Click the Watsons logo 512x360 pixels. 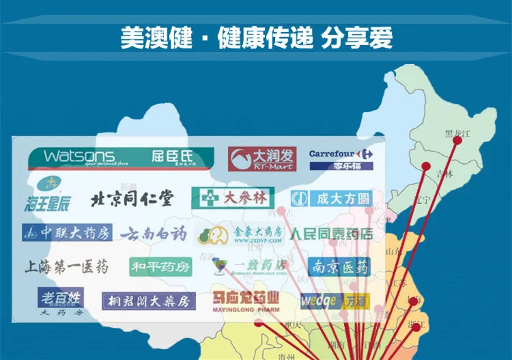coord(120,158)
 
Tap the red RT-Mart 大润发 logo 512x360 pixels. coord(262,159)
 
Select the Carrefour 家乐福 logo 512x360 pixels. coord(341,159)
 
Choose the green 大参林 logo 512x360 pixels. coord(233,198)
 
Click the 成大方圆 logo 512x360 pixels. coord(331,199)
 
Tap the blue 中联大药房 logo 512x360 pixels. coord(66,233)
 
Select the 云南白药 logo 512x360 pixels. coord(154,234)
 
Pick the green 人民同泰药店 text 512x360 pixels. coord(332,234)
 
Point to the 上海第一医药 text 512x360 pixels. coord(66,267)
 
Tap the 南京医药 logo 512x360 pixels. coord(339,266)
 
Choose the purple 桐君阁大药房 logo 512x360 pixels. coord(149,301)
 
